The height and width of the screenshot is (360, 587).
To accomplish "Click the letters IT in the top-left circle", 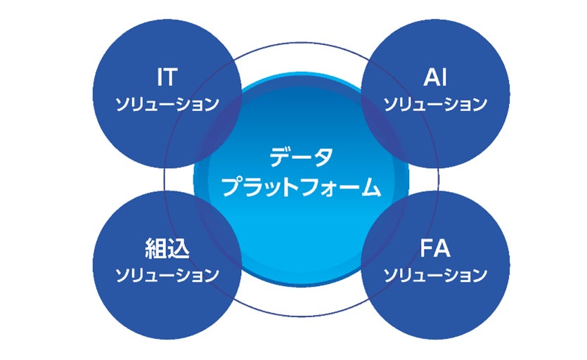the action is pyautogui.click(x=167, y=77).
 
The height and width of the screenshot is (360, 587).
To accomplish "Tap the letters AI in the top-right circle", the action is pyautogui.click(x=435, y=77).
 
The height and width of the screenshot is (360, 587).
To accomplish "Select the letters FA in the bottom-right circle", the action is pyautogui.click(x=435, y=248).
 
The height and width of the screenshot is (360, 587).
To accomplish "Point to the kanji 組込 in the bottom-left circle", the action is pyautogui.click(x=167, y=249).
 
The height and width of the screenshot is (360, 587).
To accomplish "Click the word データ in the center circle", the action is pyautogui.click(x=301, y=157).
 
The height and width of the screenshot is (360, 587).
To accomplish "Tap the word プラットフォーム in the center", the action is pyautogui.click(x=301, y=186).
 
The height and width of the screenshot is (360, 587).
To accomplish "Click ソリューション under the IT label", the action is pyautogui.click(x=167, y=104).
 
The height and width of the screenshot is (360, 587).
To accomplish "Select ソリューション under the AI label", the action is pyautogui.click(x=435, y=104).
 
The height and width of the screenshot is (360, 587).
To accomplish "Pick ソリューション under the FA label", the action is pyautogui.click(x=435, y=275).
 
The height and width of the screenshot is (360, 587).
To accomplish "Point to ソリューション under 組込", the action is pyautogui.click(x=167, y=275).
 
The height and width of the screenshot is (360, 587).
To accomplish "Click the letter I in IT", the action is pyautogui.click(x=159, y=77).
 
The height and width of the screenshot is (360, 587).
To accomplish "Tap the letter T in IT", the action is pyautogui.click(x=171, y=77).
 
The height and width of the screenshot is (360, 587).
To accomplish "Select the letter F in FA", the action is pyautogui.click(x=427, y=248).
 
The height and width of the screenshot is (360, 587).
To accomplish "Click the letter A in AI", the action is pyautogui.click(x=432, y=77).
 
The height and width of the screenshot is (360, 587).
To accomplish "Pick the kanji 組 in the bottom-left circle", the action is pyautogui.click(x=156, y=249).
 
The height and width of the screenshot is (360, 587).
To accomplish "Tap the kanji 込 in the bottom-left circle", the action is pyautogui.click(x=179, y=249).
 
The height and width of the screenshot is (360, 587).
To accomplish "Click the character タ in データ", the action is pyautogui.click(x=322, y=157).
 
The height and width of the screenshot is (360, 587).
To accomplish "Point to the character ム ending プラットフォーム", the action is pyautogui.click(x=370, y=186).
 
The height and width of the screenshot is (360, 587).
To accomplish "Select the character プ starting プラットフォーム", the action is pyautogui.click(x=233, y=186).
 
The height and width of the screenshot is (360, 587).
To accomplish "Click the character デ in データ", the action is pyautogui.click(x=280, y=157).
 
